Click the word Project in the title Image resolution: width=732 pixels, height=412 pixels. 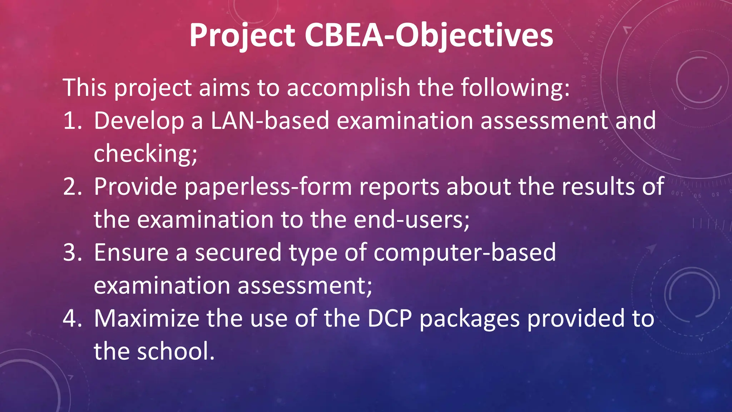pyautogui.click(x=242, y=35)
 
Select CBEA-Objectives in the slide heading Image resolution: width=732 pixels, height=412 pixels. pyautogui.click(x=429, y=35)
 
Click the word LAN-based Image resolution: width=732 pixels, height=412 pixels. pyautogui.click(x=269, y=121)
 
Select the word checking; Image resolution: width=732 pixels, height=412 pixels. pyautogui.click(x=145, y=154)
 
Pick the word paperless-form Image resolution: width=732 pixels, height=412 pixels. pyautogui.click(x=268, y=187)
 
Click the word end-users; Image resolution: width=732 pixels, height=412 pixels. pyautogui.click(x=411, y=219)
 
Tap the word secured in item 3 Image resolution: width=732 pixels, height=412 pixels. pyautogui.click(x=238, y=252)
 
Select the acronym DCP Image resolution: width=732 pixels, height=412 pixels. pyautogui.click(x=390, y=318)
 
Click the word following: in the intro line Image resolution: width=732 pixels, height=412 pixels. pyautogui.click(x=515, y=88)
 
